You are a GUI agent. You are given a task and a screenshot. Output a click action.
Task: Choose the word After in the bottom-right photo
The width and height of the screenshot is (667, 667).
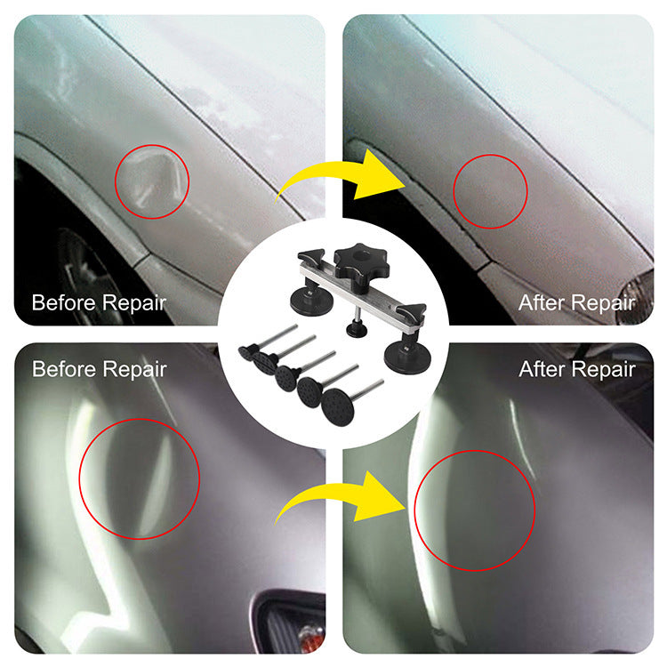[542, 368]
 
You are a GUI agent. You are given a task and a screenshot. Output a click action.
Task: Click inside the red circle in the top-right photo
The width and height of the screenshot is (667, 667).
[490, 191]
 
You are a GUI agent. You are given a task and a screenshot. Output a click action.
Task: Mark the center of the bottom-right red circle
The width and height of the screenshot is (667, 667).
[475, 510]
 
